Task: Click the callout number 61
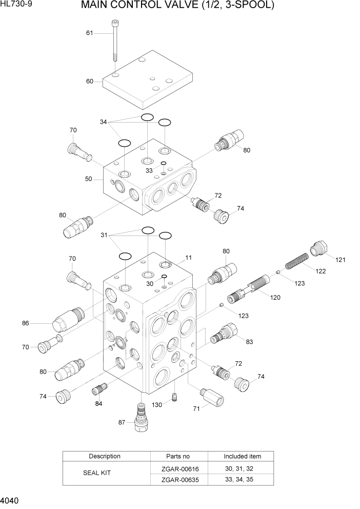coord(90,33)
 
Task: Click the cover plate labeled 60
coord(149,82)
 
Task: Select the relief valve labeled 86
coord(64,321)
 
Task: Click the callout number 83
coord(250,342)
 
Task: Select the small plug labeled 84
coord(98,390)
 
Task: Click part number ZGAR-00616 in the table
coord(178,468)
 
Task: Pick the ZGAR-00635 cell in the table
coord(178,480)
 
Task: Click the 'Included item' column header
coord(242,456)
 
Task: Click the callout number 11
coord(188,257)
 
